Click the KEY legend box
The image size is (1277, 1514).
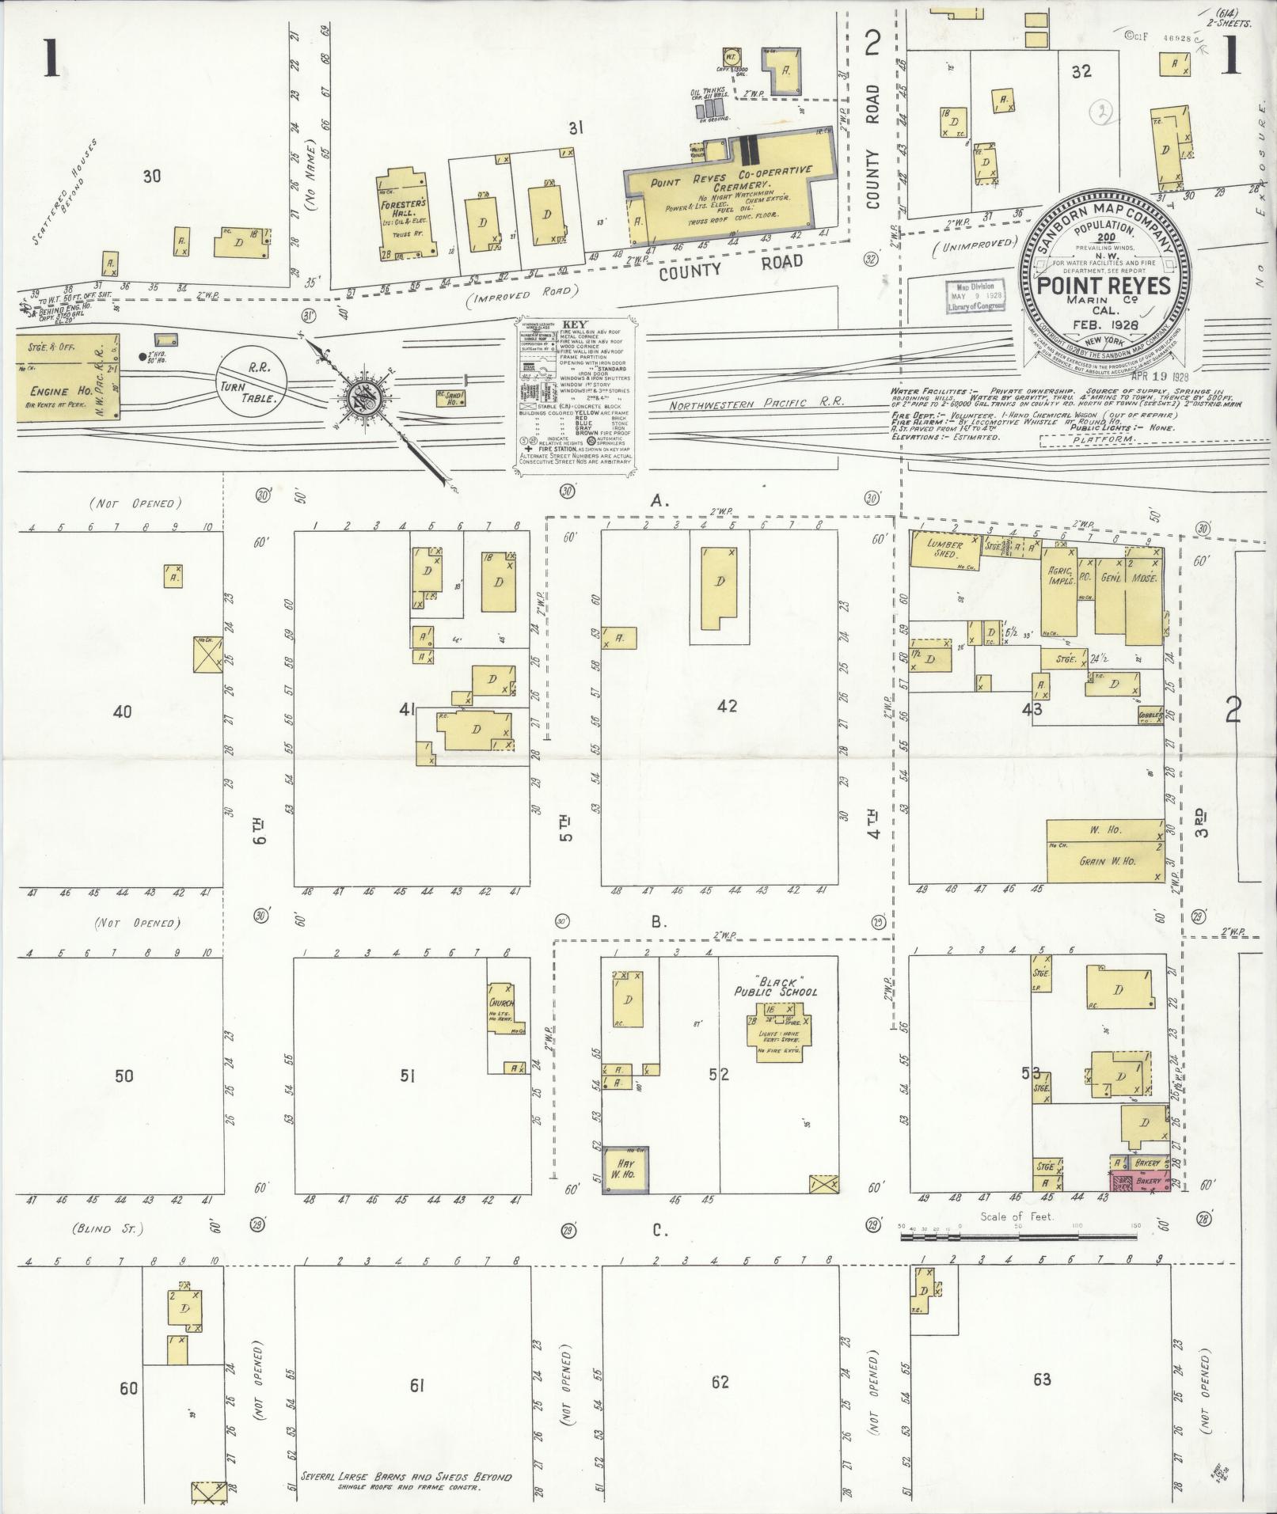point(575,396)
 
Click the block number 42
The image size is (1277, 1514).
point(726,705)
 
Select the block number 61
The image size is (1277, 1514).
point(417,1385)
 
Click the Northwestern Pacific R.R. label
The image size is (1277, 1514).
point(758,403)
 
